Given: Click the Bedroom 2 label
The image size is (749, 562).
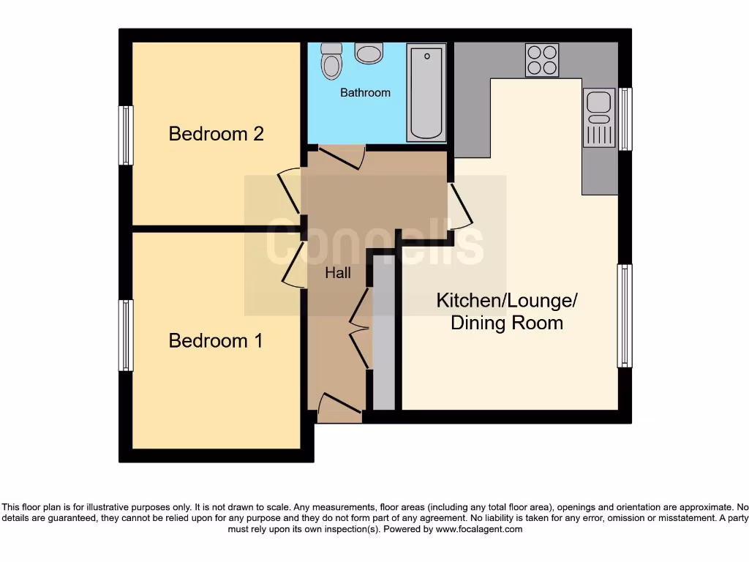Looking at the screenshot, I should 216,134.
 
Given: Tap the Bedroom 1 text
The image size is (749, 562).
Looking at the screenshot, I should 216,341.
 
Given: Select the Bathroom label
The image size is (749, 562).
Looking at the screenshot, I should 365,93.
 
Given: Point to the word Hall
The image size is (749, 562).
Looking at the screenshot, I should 338,273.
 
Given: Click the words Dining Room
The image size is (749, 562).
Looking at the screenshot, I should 507,323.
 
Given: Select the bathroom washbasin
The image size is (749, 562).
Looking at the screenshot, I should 369,53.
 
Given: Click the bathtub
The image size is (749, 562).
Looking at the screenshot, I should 426,93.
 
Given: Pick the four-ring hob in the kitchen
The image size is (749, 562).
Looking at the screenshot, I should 542,60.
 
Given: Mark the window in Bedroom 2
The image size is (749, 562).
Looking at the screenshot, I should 127,135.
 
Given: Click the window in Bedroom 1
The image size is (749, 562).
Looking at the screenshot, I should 127,335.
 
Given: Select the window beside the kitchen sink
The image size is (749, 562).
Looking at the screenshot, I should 625,119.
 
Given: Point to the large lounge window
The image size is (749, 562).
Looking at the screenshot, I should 625,315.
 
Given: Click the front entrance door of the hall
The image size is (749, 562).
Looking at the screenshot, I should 340,407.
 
